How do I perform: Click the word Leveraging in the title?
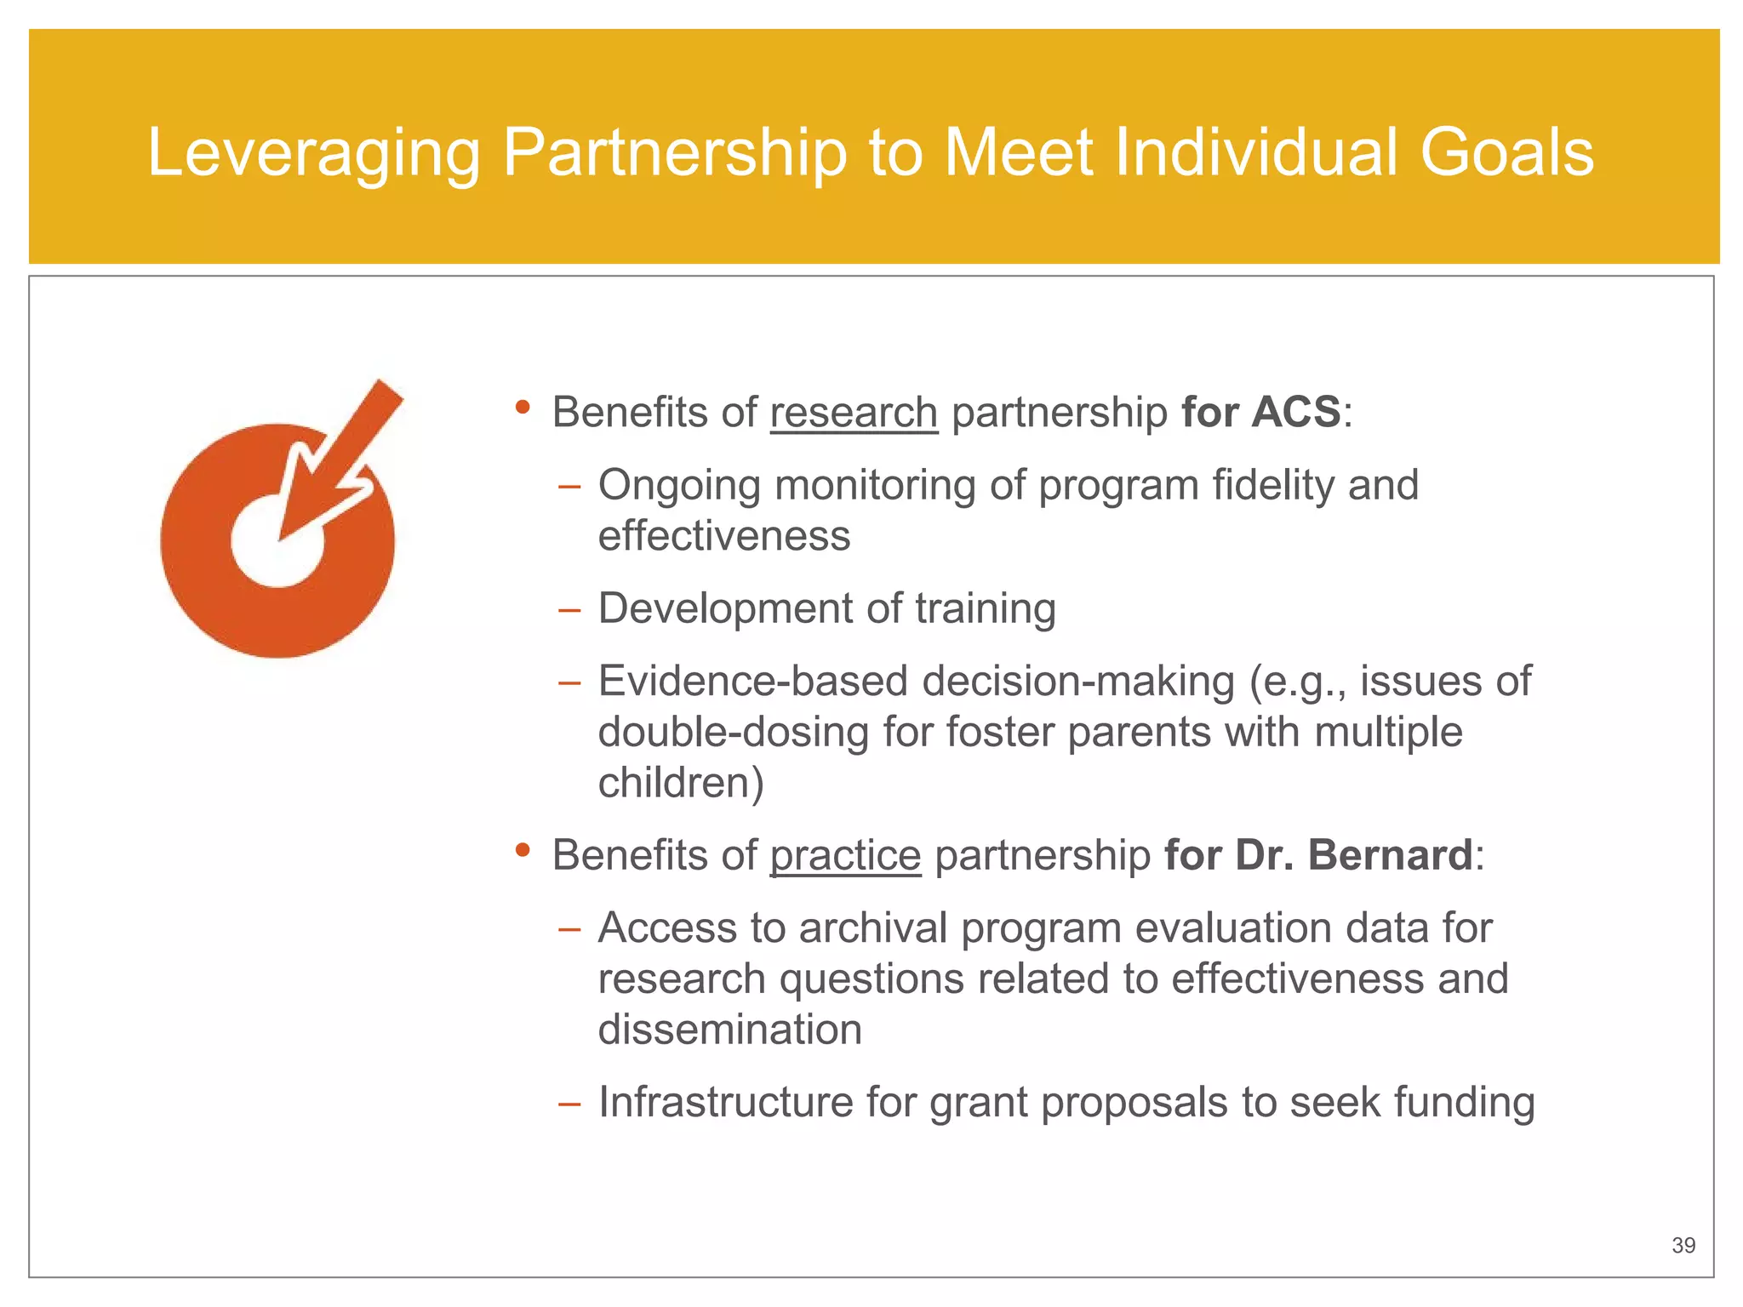tap(314, 153)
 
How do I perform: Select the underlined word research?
tap(853, 413)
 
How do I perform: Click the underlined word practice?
tap(845, 855)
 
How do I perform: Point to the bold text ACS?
tap(1295, 413)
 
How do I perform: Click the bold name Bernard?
tap(1389, 855)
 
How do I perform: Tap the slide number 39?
tap(1683, 1246)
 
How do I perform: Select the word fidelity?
tap(1272, 485)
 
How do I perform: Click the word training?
tap(985, 609)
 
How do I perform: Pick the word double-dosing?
tap(733, 732)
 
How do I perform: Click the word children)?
tap(681, 783)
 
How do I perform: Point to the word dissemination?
tap(729, 1030)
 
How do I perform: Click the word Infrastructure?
tap(725, 1103)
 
